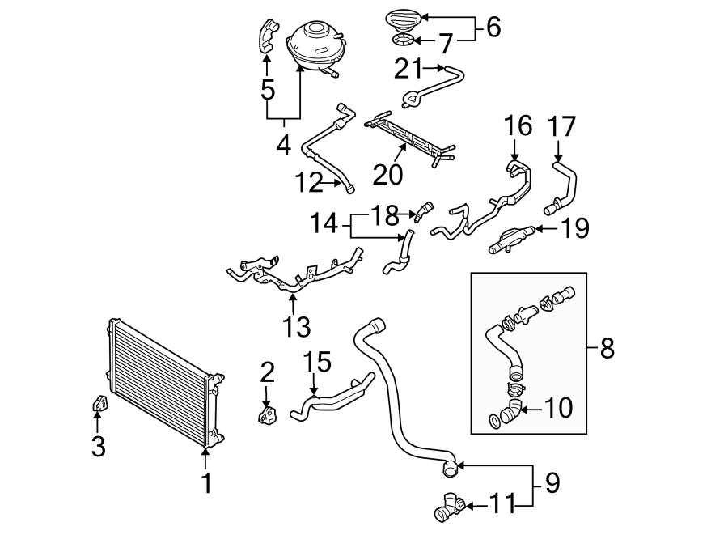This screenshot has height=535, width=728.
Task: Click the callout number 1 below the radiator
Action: pyautogui.click(x=205, y=484)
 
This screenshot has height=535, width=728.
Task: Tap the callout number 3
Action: pyautogui.click(x=98, y=446)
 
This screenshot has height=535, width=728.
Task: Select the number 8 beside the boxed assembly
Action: pyautogui.click(x=607, y=349)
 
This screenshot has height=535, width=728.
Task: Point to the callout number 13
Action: pyautogui.click(x=297, y=327)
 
